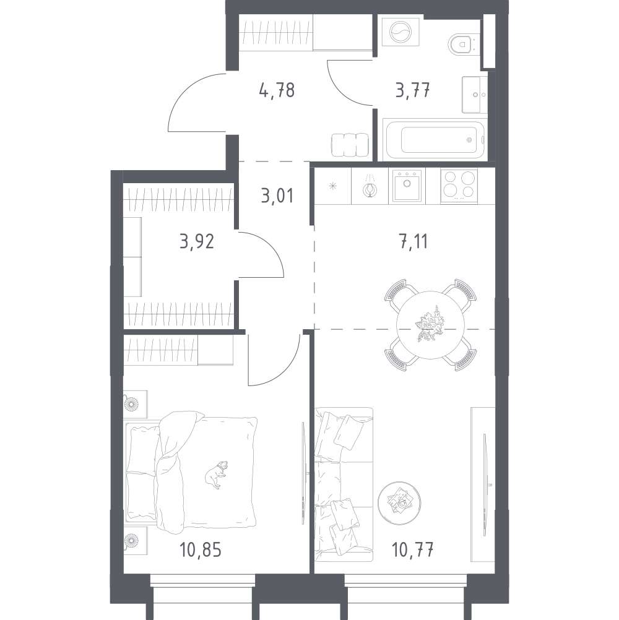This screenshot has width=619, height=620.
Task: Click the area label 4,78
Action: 277,90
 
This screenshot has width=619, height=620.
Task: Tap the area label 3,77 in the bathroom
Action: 412,90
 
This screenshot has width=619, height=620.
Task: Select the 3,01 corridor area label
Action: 277,196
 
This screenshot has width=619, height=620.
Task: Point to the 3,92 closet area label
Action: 197,241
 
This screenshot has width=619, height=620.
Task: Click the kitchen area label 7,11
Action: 413,241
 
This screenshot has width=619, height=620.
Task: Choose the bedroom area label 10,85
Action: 201,549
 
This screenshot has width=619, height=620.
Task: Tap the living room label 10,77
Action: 412,549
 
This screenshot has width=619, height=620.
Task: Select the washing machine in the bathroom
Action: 400,32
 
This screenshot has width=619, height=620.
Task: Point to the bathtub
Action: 434,139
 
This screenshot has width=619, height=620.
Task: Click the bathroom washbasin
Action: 475,95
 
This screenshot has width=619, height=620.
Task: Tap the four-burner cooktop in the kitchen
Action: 459,186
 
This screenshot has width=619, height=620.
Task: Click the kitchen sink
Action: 407,186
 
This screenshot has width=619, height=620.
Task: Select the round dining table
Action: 430,325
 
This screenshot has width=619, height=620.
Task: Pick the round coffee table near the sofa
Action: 399,502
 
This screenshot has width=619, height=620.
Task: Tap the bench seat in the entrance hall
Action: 350,145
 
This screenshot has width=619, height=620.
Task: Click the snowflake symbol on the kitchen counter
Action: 333,186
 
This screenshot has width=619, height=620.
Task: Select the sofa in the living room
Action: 344,484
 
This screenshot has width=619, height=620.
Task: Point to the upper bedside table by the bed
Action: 136,404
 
